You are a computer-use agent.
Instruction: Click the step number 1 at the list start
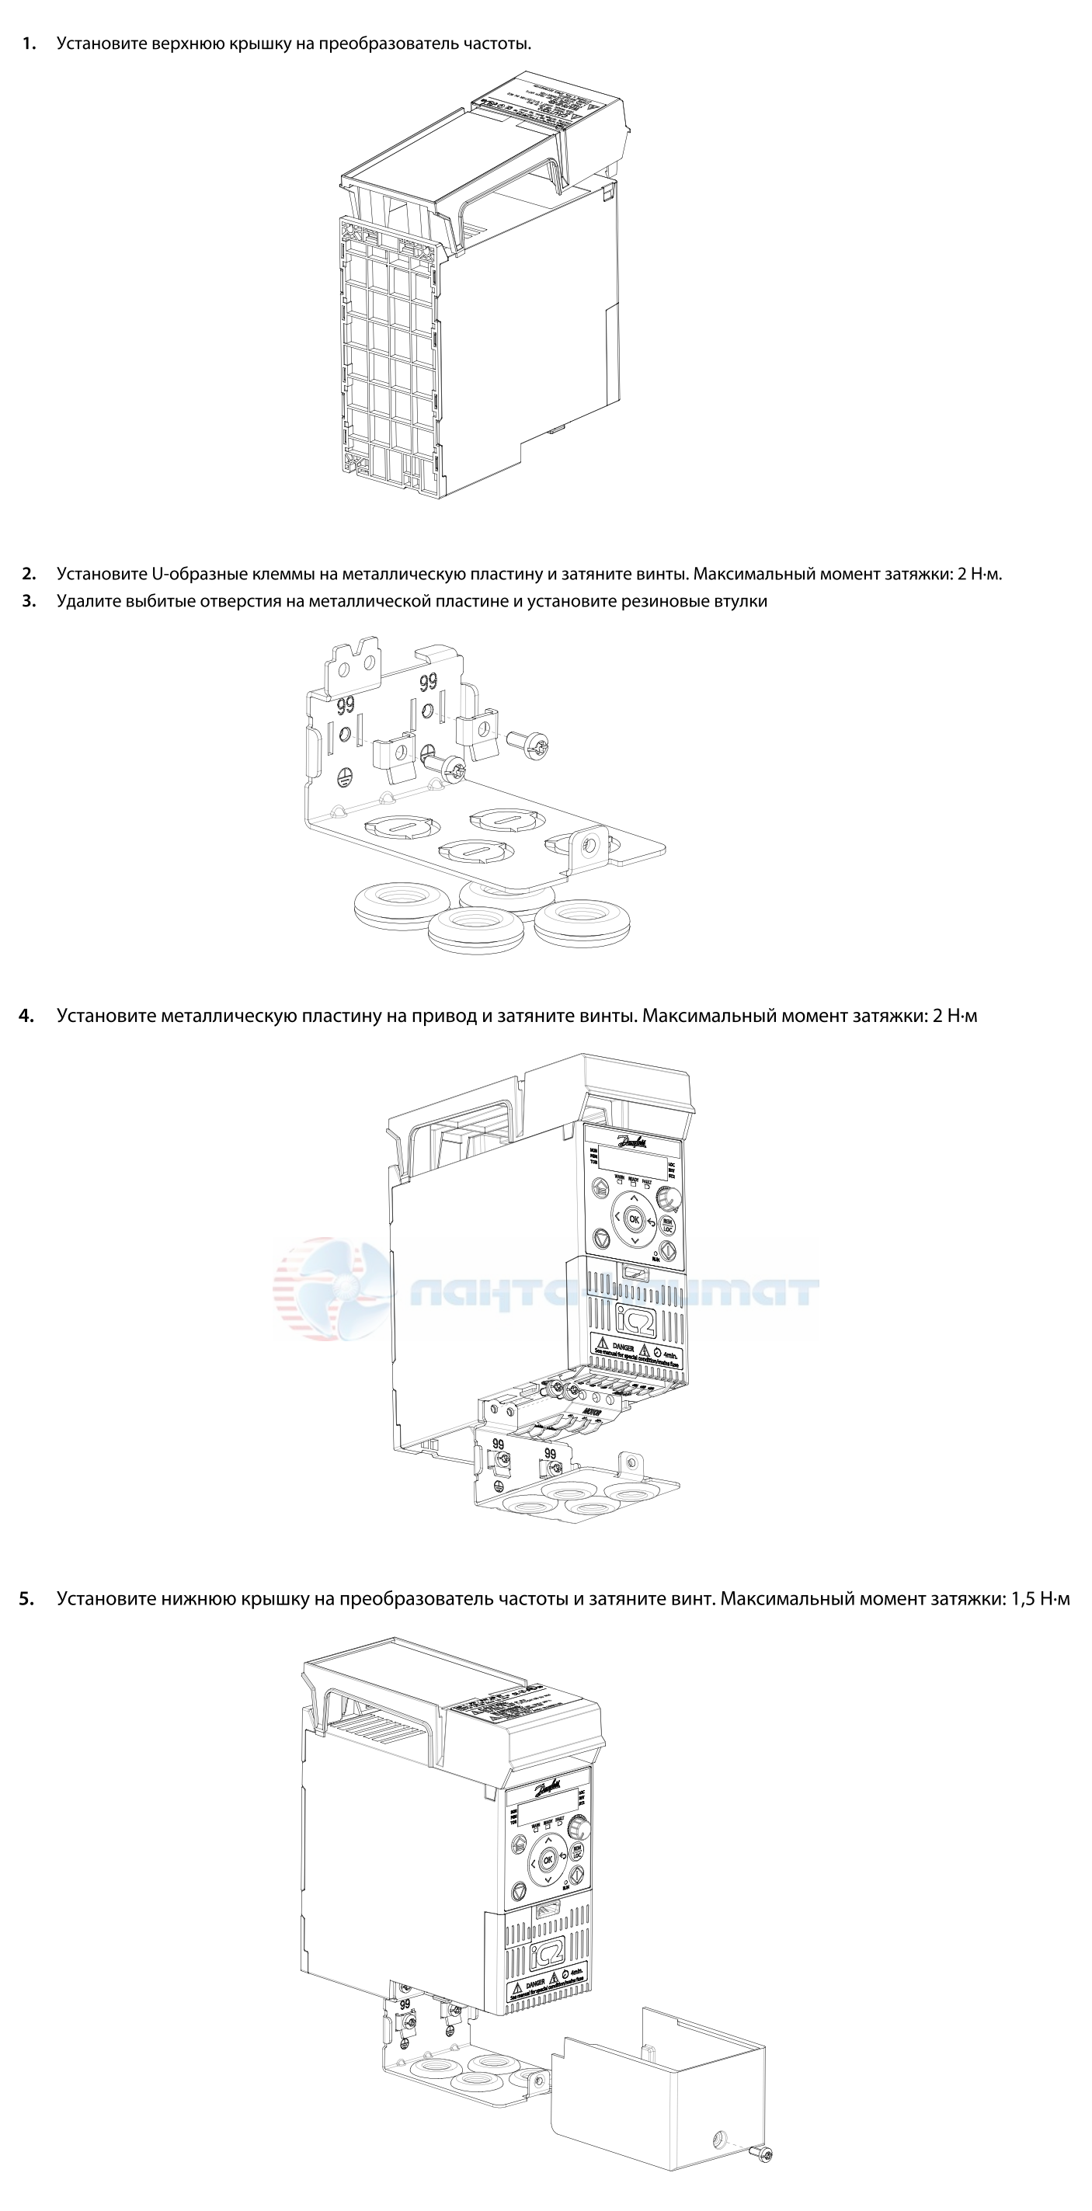pyautogui.click(x=30, y=43)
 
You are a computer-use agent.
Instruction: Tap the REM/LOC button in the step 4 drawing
pyautogui.click(x=667, y=1225)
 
